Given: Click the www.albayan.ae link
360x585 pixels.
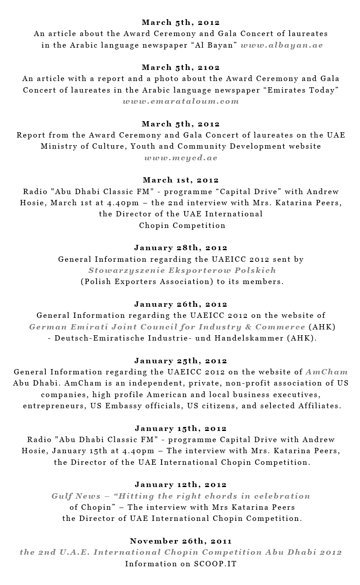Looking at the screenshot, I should tap(282, 45).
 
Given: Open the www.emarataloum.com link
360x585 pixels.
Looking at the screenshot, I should tap(181, 101).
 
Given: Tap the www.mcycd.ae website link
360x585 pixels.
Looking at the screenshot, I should tap(181, 158).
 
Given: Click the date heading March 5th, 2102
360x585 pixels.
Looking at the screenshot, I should tap(181, 67).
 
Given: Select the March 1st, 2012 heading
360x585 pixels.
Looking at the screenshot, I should tap(181, 180).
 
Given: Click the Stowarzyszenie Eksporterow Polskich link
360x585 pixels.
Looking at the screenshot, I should tap(182, 270).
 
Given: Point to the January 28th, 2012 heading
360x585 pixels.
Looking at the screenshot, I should tap(181, 248).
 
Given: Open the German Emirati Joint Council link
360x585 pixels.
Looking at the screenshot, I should tap(167, 327).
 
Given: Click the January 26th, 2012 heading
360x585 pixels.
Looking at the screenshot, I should tap(181, 304).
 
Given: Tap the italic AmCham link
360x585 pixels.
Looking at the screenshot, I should tap(327, 372).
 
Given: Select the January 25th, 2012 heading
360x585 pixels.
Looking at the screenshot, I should tap(181, 361).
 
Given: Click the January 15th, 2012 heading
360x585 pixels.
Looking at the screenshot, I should tap(181, 428).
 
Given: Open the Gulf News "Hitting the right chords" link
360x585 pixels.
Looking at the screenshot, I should tap(181, 496).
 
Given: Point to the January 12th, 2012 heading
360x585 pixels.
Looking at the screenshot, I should tap(181, 484).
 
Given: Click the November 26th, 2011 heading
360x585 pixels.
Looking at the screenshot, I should tap(181, 541).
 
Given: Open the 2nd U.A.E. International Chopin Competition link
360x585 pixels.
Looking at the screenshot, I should tap(181, 552).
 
